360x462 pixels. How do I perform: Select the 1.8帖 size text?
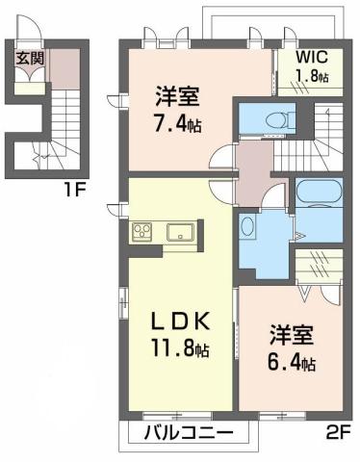click(x=310, y=77)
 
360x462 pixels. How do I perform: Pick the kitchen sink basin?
click(x=179, y=232)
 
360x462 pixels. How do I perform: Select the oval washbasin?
click(x=247, y=227)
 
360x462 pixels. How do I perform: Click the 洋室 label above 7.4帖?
click(x=176, y=97)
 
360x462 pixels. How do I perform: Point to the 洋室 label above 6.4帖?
click(x=291, y=341)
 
